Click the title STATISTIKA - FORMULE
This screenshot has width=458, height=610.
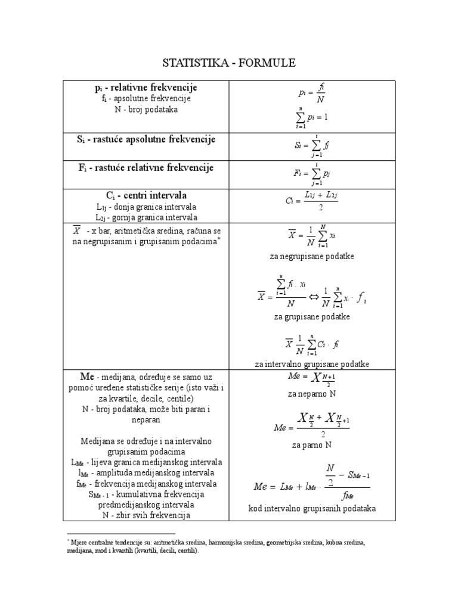[229, 63]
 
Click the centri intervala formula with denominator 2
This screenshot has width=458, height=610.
[312, 201]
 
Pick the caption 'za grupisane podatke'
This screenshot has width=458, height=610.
[312, 316]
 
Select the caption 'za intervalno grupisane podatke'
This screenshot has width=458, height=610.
[312, 363]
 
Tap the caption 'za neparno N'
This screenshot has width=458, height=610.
[312, 394]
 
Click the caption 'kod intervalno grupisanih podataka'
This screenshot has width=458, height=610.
[312, 508]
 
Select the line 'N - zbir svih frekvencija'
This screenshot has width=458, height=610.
[146, 515]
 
